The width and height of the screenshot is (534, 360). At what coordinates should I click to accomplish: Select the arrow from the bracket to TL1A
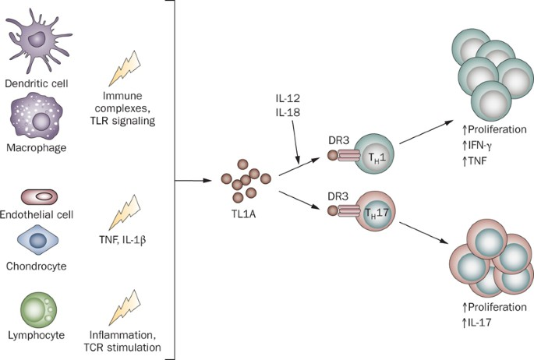pos(192,181)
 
